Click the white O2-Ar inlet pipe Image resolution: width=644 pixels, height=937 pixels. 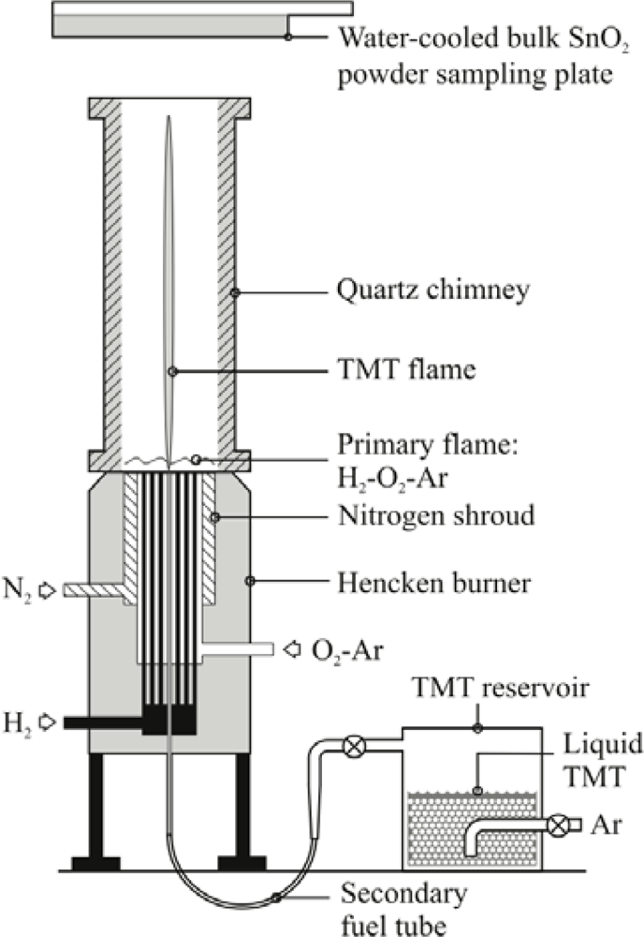coord(239,648)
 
